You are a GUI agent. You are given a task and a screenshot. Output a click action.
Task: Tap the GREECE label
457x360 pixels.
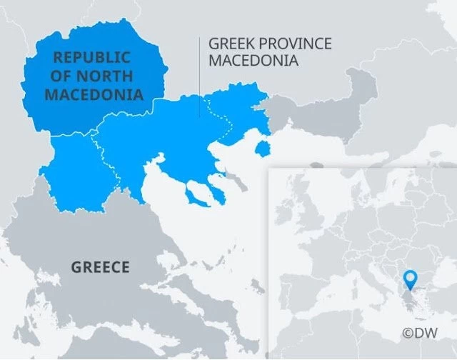click(100, 268)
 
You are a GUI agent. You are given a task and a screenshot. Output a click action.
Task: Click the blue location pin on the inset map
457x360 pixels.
click(409, 279)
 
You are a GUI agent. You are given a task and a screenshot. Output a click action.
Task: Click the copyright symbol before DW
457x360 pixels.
click(408, 333)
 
